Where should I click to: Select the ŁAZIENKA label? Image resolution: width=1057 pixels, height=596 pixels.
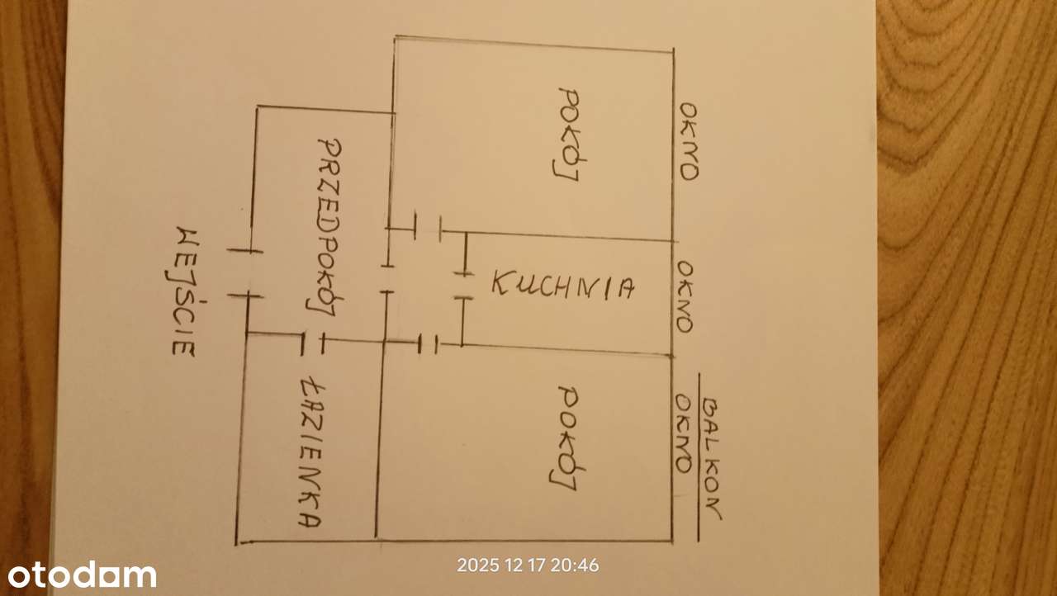pos(311,452)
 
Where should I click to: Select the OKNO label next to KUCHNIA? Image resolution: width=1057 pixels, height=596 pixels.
pos(685,297)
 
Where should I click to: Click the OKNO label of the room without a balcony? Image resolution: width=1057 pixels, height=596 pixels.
pos(688,141)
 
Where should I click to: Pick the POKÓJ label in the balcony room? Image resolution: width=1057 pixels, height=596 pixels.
pos(566,438)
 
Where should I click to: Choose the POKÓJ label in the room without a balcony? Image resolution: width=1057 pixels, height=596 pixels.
pos(568,135)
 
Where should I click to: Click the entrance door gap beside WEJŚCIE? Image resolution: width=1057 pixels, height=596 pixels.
pos(245,273)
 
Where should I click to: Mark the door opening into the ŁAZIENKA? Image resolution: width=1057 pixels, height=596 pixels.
pos(312,343)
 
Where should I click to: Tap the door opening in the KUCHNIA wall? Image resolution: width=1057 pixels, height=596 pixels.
pos(464,286)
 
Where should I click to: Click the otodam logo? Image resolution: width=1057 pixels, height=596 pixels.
pos(82,575)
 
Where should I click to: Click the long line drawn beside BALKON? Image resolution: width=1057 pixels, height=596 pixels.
pos(699,457)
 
